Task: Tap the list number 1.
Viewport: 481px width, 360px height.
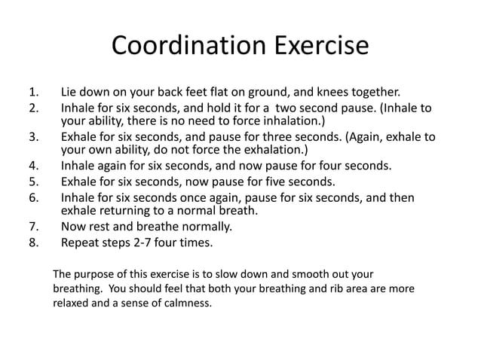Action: click(x=32, y=94)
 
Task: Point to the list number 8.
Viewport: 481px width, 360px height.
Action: click(x=32, y=243)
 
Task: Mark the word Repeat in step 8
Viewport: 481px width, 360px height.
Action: click(x=81, y=243)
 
